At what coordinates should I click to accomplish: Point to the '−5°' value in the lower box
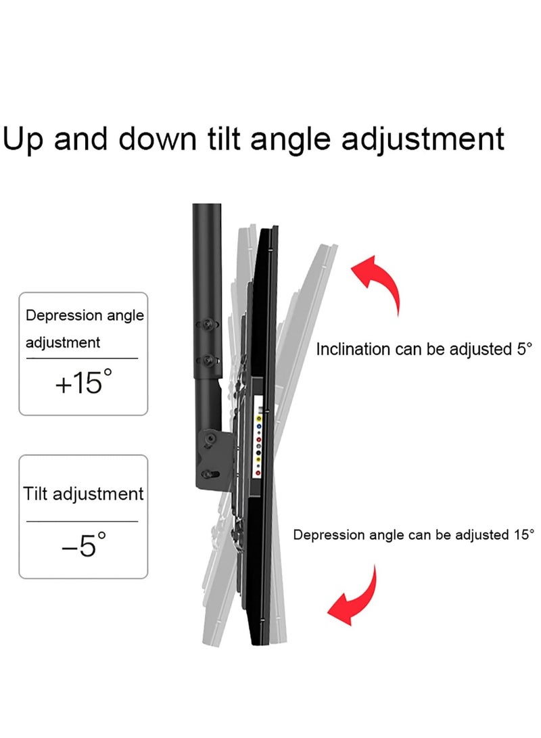[83, 545]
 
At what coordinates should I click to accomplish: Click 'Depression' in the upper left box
[56, 315]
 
